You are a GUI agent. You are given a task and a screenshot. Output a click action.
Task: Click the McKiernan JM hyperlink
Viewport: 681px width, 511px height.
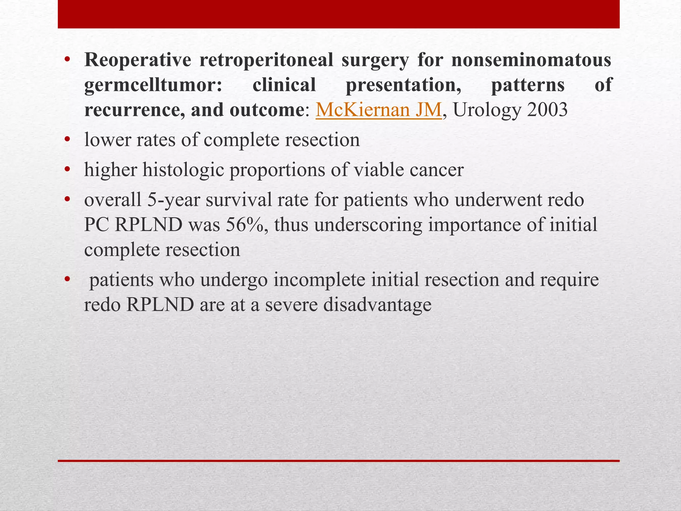coord(378,110)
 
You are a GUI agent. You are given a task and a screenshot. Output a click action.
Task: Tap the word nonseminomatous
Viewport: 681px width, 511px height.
coord(531,61)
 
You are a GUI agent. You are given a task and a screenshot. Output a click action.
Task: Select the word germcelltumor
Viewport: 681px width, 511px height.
coord(153,85)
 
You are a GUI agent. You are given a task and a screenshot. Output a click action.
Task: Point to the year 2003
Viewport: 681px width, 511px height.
coord(547,110)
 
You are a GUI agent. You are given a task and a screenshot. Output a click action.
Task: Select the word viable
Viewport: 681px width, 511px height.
coord(377,170)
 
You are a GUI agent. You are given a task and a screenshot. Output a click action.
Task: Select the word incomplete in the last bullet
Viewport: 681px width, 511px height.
coord(319,280)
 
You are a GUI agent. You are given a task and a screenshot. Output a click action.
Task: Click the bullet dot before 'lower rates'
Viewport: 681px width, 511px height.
coord(68,140)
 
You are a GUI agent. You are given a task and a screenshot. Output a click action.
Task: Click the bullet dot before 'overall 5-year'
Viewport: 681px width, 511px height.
coord(68,200)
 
